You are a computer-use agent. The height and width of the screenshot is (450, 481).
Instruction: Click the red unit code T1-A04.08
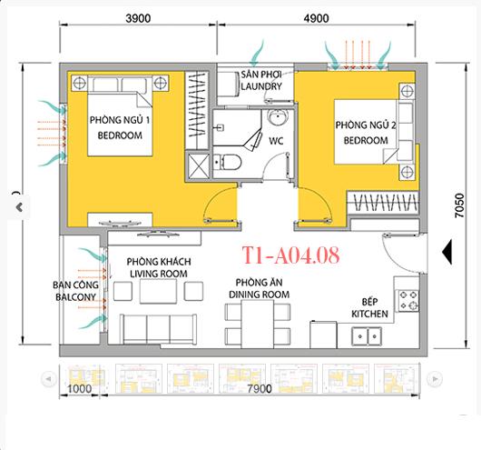[291, 255]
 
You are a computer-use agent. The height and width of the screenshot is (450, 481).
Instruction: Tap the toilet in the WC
[230, 163]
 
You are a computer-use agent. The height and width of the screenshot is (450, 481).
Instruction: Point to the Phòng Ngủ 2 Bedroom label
[361, 133]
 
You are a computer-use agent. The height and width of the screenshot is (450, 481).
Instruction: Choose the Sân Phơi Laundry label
[261, 80]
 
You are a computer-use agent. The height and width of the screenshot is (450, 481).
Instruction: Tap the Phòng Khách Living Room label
[158, 266]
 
